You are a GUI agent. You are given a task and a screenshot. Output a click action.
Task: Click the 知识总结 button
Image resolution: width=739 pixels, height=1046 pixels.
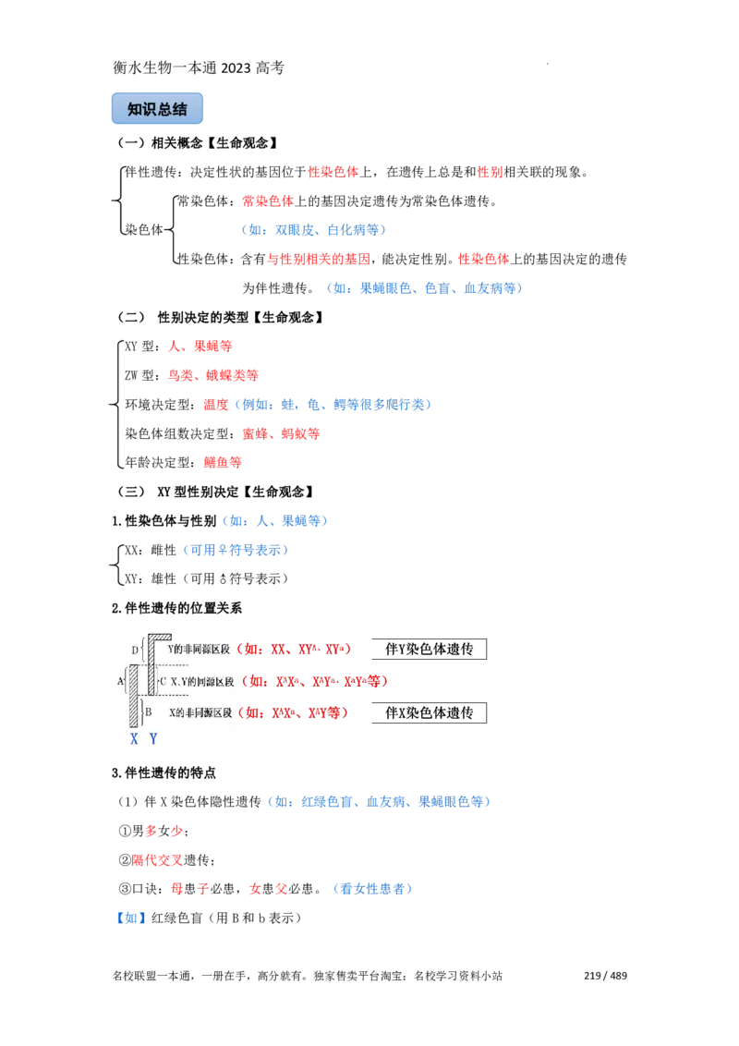[158, 109]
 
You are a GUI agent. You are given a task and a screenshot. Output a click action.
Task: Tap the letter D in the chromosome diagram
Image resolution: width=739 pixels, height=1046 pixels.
[135, 651]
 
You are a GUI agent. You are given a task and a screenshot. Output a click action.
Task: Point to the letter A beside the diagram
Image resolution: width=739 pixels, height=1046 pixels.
[120, 681]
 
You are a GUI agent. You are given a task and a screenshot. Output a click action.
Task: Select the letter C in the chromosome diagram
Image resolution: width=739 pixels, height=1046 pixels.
[163, 682]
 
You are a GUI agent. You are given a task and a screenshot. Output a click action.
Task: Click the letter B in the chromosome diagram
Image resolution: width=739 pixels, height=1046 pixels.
[148, 712]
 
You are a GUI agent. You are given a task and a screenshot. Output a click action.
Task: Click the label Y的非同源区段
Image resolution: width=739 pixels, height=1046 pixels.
[199, 650]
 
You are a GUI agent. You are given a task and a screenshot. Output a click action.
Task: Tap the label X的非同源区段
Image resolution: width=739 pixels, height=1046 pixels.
[199, 712]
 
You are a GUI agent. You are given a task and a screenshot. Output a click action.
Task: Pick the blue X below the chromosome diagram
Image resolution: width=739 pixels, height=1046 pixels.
[135, 739]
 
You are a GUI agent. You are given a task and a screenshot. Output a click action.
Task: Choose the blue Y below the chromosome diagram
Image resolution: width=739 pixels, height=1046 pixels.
[154, 739]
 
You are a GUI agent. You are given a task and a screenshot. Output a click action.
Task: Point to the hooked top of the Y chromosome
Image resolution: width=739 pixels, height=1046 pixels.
[159, 637]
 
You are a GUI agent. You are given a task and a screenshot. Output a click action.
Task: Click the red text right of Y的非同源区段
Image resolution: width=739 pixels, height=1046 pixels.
[296, 650]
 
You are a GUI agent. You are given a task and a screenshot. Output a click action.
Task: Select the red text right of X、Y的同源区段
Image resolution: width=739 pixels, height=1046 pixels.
[314, 682]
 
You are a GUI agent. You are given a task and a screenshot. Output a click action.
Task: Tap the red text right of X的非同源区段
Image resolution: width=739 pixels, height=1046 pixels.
[293, 713]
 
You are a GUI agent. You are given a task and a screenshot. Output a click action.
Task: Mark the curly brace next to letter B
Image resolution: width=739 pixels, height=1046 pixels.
[141, 712]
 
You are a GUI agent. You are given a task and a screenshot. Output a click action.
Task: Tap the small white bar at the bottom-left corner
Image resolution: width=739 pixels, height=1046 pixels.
[122, 987]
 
